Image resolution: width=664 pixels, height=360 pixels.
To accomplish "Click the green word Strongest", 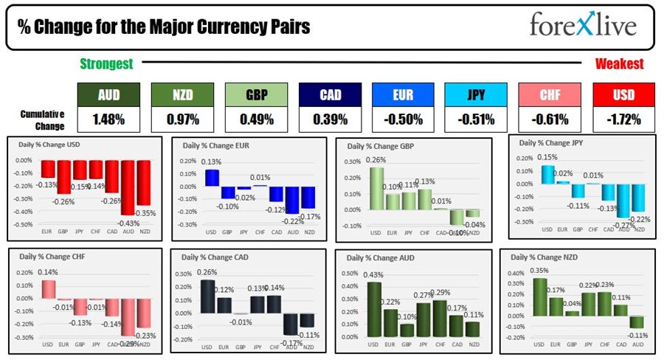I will pyautogui.click(x=106, y=64).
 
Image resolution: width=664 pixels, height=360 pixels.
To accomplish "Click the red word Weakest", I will pyautogui.click(x=619, y=64).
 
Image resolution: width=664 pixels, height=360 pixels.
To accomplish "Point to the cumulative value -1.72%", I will pyautogui.click(x=623, y=119).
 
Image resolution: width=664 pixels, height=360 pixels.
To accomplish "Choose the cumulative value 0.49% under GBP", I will pyautogui.click(x=255, y=119).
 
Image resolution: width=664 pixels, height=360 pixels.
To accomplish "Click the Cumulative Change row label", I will pyautogui.click(x=41, y=119).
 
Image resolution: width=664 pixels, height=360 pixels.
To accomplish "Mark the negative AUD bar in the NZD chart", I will pyautogui.click(x=637, y=322).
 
